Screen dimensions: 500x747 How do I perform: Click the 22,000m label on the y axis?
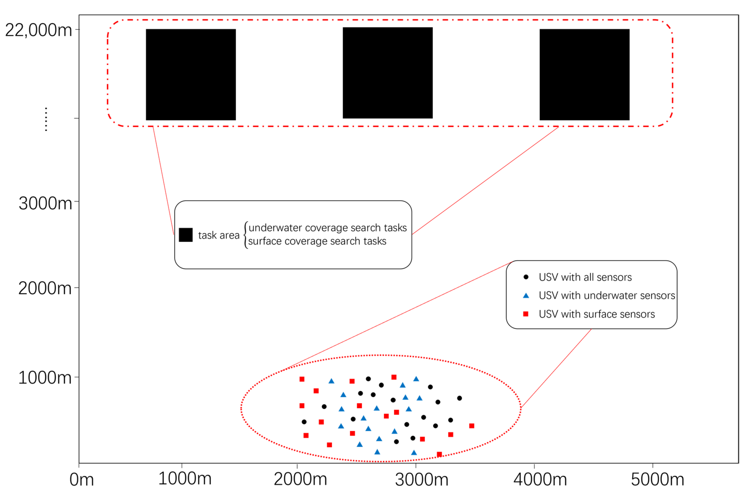[38, 31]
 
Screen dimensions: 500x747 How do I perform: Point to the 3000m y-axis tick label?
[45, 203]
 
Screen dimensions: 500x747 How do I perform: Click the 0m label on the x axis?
[82, 480]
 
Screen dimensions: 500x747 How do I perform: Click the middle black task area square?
[388, 73]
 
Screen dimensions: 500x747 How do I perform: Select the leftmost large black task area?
[191, 75]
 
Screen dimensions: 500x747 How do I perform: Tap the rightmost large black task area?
[585, 75]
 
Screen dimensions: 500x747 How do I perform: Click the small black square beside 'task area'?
[186, 235]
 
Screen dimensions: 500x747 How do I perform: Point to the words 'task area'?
[219, 235]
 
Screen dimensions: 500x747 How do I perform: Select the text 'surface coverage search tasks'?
[317, 241]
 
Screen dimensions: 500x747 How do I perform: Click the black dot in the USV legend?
[526, 277]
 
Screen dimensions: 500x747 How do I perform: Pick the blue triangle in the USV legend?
[526, 296]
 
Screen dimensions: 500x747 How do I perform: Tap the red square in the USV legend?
[526, 314]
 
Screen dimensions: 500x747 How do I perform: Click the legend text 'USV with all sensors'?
[585, 277]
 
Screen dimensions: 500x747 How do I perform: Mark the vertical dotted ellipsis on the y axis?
[46, 119]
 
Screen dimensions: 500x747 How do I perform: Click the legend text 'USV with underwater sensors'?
[607, 296]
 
